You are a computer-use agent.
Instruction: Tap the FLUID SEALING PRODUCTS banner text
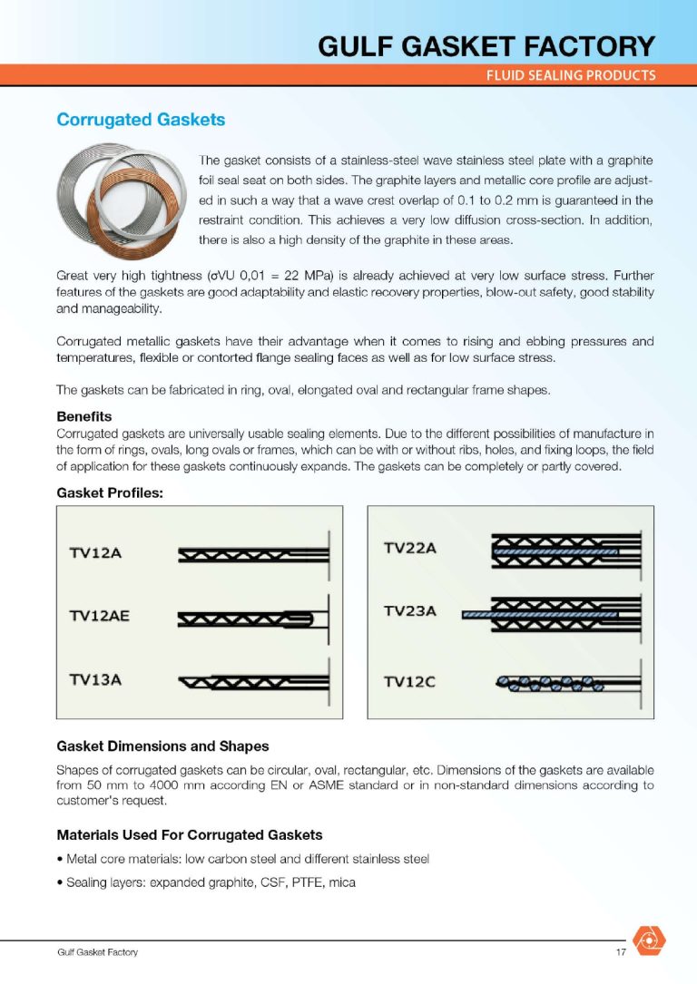(570, 75)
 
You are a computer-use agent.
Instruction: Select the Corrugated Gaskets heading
(141, 120)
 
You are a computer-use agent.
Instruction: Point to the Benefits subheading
(83, 416)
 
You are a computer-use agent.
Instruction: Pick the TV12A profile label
(95, 553)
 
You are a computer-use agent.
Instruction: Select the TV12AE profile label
(100, 616)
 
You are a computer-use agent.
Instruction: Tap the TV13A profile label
(95, 678)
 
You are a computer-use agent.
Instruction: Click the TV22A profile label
(410, 548)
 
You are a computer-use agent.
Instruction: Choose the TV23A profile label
(410, 610)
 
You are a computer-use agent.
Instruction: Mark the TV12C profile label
(410, 682)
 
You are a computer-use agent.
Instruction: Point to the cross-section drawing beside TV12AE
(250, 619)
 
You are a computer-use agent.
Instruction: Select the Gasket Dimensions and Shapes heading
(162, 746)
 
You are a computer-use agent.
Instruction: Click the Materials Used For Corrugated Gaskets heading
(189, 834)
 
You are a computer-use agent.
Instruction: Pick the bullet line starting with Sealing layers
(206, 881)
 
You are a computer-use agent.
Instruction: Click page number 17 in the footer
(621, 952)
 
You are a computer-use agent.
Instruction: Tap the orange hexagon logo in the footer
(650, 940)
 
